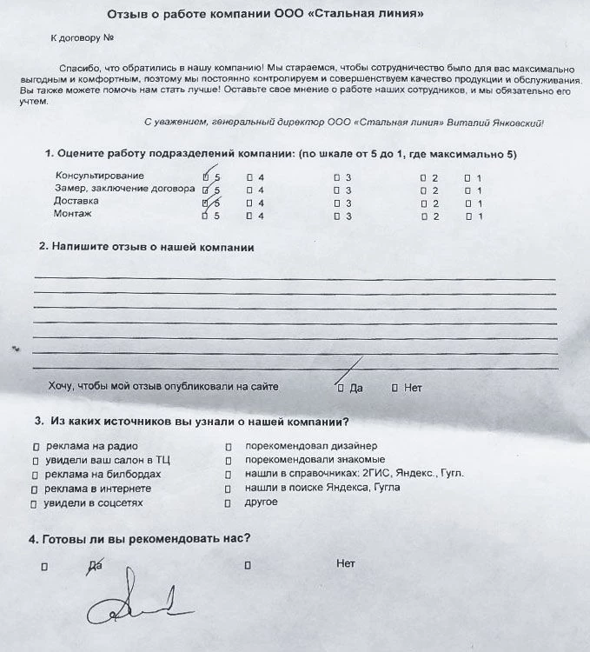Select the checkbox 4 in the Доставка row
pyautogui.click(x=249, y=203)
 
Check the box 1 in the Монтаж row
pyautogui.click(x=467, y=216)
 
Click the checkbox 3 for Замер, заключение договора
pyautogui.click(x=336, y=190)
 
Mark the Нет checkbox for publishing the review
pyautogui.click(x=394, y=388)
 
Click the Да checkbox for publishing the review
pyautogui.click(x=340, y=388)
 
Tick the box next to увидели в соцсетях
pyautogui.click(x=36, y=503)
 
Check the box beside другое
pyautogui.click(x=228, y=502)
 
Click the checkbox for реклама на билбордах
pyautogui.click(x=36, y=476)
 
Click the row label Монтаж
pyautogui.click(x=73, y=214)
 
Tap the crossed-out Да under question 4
pyautogui.click(x=96, y=565)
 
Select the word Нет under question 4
pyautogui.click(x=345, y=563)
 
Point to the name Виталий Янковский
pyautogui.click(x=498, y=123)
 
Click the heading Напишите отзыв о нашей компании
pyautogui.click(x=152, y=247)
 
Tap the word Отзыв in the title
pyautogui.click(x=127, y=15)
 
